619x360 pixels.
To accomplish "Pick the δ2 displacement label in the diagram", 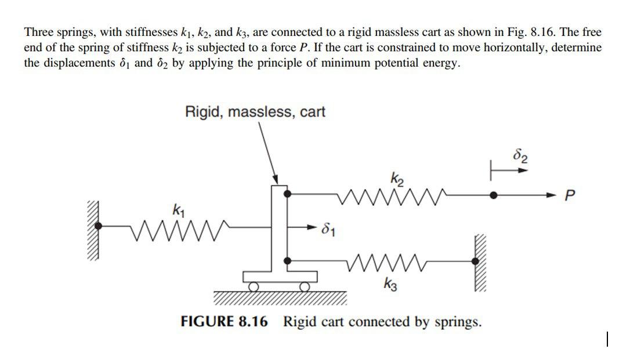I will (x=521, y=157).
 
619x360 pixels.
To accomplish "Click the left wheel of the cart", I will (x=254, y=286).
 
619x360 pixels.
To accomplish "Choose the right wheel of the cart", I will (x=303, y=286).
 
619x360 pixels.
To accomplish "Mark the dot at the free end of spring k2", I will (x=494, y=196).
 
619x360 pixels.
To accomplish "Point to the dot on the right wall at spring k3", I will (x=476, y=261).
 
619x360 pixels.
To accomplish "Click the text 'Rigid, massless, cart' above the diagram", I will (x=255, y=111).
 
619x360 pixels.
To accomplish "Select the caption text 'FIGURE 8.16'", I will (x=225, y=322).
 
